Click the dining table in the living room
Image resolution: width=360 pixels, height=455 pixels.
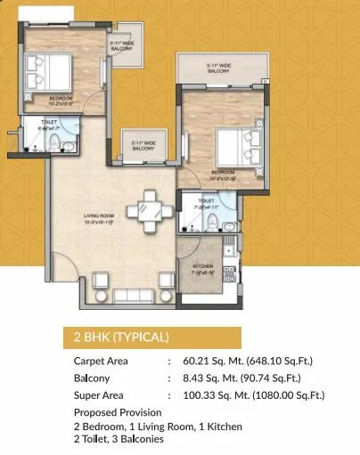tap(144, 212)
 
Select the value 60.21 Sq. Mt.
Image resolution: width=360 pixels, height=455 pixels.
tap(213, 362)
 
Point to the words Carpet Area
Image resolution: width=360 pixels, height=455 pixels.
tap(102, 362)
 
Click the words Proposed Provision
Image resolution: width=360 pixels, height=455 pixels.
tap(118, 413)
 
